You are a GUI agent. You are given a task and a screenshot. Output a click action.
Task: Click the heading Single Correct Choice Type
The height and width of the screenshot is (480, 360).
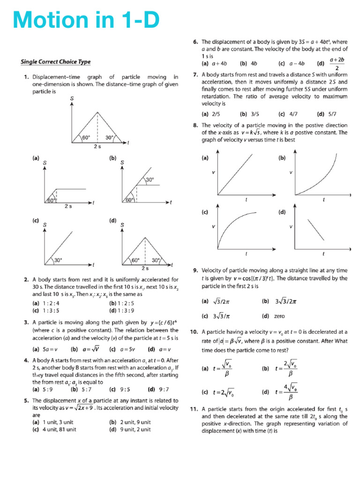click(56, 62)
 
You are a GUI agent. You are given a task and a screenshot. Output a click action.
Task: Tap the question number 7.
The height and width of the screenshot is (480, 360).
click(195, 75)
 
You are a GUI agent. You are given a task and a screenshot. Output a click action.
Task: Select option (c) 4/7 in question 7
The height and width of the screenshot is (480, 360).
click(287, 113)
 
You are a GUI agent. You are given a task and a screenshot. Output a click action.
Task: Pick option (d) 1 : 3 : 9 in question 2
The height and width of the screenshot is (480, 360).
click(121, 310)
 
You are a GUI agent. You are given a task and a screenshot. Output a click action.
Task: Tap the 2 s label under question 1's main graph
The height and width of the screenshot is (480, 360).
click(97, 147)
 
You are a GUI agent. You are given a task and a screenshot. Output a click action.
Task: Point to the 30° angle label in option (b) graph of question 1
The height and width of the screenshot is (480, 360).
click(150, 180)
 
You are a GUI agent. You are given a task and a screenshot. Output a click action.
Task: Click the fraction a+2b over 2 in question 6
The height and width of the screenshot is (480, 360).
click(337, 63)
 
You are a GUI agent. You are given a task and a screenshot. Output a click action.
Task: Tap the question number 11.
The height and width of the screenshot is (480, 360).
click(195, 409)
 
